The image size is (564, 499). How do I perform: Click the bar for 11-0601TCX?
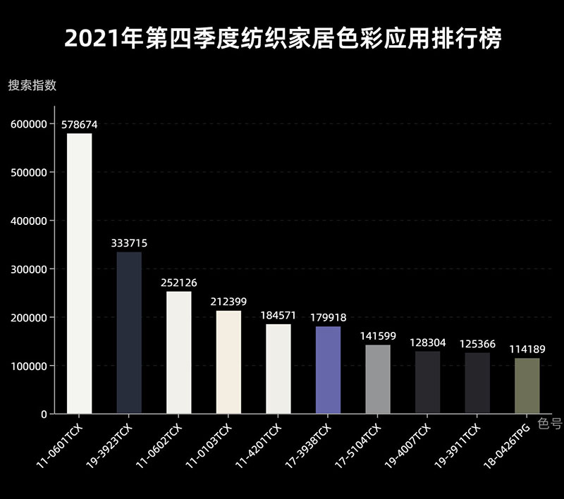point(79,273)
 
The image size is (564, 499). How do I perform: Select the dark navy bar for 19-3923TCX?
point(129,333)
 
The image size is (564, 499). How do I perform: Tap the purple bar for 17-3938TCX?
point(328,370)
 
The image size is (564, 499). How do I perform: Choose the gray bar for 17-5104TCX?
point(378,379)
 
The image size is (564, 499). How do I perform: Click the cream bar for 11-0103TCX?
point(228,362)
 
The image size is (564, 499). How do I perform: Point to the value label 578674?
point(79,125)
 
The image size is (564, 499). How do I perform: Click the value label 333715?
point(129,243)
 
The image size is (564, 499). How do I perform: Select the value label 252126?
point(179,283)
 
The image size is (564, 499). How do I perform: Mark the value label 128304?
point(427,343)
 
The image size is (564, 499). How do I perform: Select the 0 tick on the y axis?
point(43,414)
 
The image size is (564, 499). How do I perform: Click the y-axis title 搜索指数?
point(32,86)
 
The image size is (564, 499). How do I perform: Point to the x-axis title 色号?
point(550,424)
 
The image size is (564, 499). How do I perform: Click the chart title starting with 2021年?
point(282,38)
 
